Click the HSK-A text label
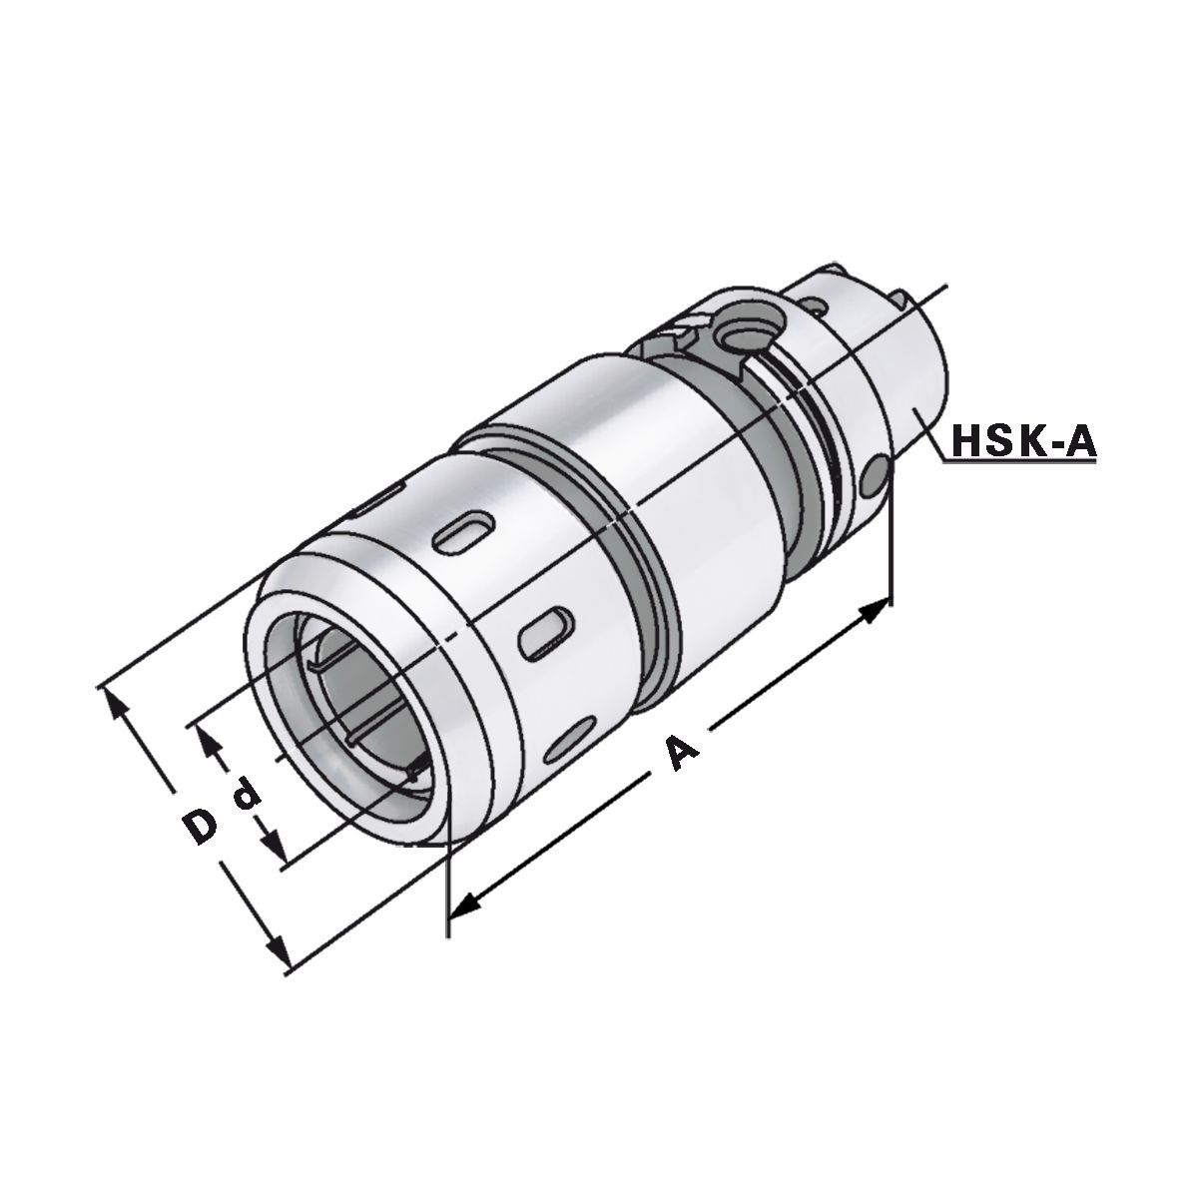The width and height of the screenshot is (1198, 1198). coord(1023,439)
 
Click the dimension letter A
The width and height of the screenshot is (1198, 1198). coord(681,751)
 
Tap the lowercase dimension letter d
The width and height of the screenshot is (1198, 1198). coord(244,796)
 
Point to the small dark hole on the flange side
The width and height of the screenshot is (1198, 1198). coord(876,477)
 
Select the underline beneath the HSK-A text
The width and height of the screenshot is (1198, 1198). coord(1023,459)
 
